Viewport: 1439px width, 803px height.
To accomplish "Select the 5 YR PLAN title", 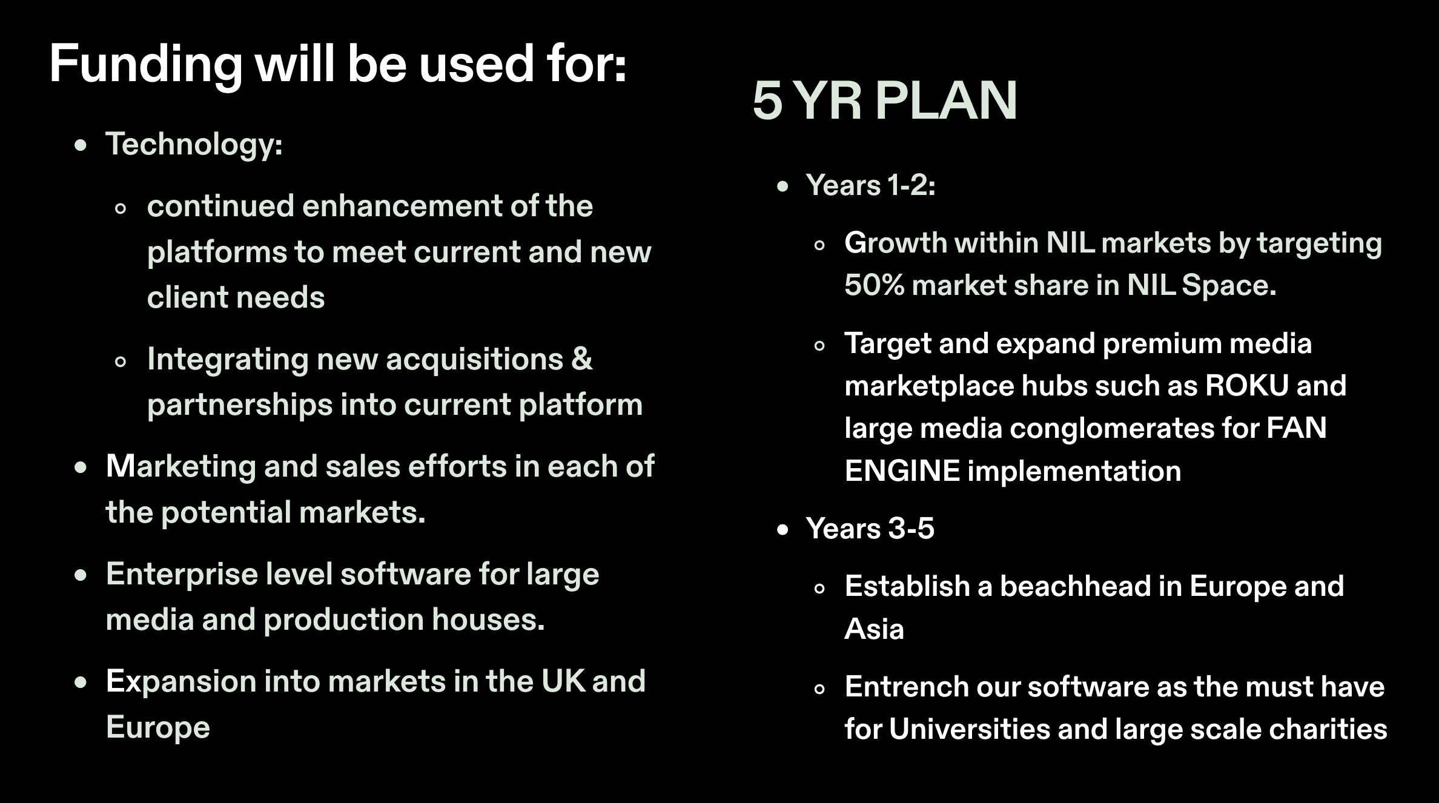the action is point(885,101).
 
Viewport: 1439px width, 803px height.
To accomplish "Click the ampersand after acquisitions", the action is point(581,359).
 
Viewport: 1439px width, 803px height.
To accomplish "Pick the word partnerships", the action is point(240,405).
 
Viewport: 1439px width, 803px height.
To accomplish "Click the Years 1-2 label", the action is point(870,185).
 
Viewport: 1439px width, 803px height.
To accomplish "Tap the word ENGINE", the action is point(902,471).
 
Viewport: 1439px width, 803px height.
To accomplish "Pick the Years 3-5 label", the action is point(870,529).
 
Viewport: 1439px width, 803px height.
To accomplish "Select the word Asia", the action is point(874,629).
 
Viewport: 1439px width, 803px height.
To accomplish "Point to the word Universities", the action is point(970,729).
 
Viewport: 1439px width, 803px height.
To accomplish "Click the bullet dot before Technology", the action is point(81,146).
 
